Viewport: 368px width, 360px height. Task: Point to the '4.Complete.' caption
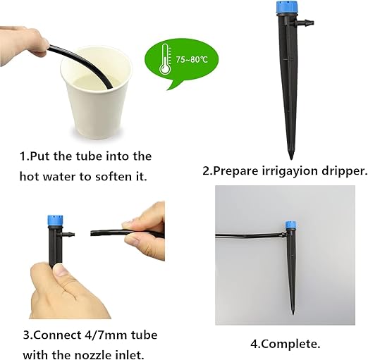point(285,345)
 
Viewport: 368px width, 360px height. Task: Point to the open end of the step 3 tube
point(92,232)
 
